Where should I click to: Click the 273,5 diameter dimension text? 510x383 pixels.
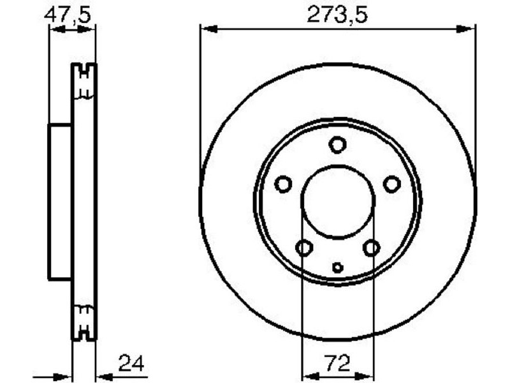[x=338, y=15]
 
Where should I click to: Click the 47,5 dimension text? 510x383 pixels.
[x=68, y=15]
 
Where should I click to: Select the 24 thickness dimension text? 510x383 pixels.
[x=131, y=363]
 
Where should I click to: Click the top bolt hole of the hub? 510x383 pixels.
[x=337, y=145]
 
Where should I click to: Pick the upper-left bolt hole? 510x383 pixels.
[x=283, y=184]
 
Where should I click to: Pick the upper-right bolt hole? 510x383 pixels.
[x=391, y=184]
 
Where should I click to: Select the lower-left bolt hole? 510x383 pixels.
[x=304, y=248]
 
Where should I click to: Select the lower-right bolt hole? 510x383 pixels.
[x=371, y=248]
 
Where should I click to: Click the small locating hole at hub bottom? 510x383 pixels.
[x=338, y=267]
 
